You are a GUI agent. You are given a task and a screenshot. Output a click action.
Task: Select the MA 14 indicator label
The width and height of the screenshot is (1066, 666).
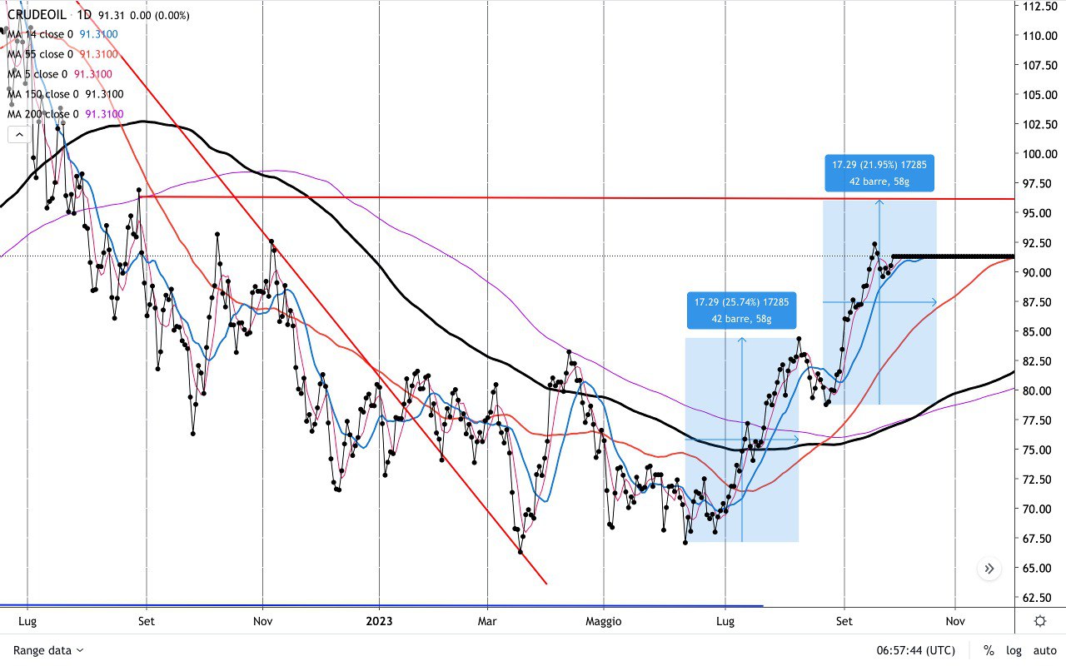(39, 34)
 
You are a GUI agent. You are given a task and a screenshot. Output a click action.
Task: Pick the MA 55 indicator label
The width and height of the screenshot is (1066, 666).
(39, 54)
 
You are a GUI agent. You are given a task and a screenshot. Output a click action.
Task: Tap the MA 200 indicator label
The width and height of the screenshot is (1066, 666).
(42, 114)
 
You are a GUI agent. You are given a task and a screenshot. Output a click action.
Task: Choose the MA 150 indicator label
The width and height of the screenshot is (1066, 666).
(42, 94)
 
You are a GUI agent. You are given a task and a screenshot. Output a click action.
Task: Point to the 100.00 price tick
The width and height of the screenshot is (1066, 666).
(1040, 154)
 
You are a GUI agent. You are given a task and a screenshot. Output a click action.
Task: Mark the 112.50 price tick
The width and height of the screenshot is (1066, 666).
(1040, 6)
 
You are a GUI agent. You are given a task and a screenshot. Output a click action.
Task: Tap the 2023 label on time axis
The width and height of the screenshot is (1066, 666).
(379, 620)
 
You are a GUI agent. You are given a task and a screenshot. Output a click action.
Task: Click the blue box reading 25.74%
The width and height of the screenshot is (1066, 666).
(741, 310)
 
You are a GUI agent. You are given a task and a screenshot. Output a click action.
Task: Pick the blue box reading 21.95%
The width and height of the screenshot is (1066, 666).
(879, 172)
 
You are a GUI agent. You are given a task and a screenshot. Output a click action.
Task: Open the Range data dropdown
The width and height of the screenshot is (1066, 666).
(48, 650)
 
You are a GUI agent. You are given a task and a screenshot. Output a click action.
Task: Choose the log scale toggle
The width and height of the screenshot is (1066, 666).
(1014, 650)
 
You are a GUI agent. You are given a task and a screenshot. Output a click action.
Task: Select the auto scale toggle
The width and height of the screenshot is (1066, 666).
(1044, 650)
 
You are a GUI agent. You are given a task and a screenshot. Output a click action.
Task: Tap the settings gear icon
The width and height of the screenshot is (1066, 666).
(1040, 621)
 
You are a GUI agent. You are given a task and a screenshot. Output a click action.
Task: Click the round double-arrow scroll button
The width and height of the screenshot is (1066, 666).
(989, 569)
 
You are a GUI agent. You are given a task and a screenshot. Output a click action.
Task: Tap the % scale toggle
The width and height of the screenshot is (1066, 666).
(989, 650)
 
